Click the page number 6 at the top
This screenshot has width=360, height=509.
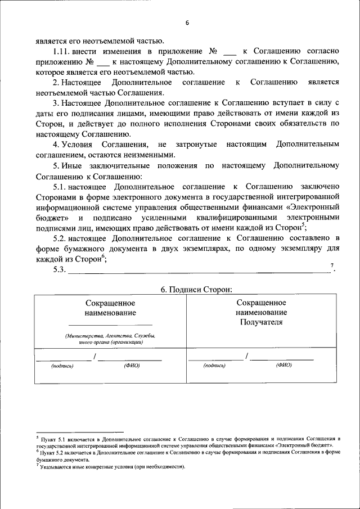pos(187,22)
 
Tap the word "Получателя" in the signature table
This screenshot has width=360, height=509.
pos(261,322)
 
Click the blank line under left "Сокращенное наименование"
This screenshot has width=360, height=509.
pos(110,325)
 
